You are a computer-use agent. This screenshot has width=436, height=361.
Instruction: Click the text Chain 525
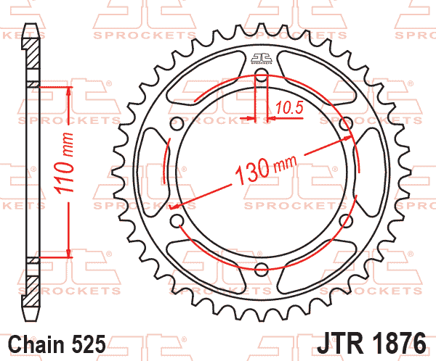click(x=58, y=342)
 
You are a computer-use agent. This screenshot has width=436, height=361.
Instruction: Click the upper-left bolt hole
click(x=177, y=124)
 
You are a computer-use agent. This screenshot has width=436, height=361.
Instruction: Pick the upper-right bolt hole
click(x=346, y=124)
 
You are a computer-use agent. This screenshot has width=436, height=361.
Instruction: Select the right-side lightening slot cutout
click(x=368, y=173)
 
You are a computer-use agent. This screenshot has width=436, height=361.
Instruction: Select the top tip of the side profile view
click(x=30, y=27)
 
